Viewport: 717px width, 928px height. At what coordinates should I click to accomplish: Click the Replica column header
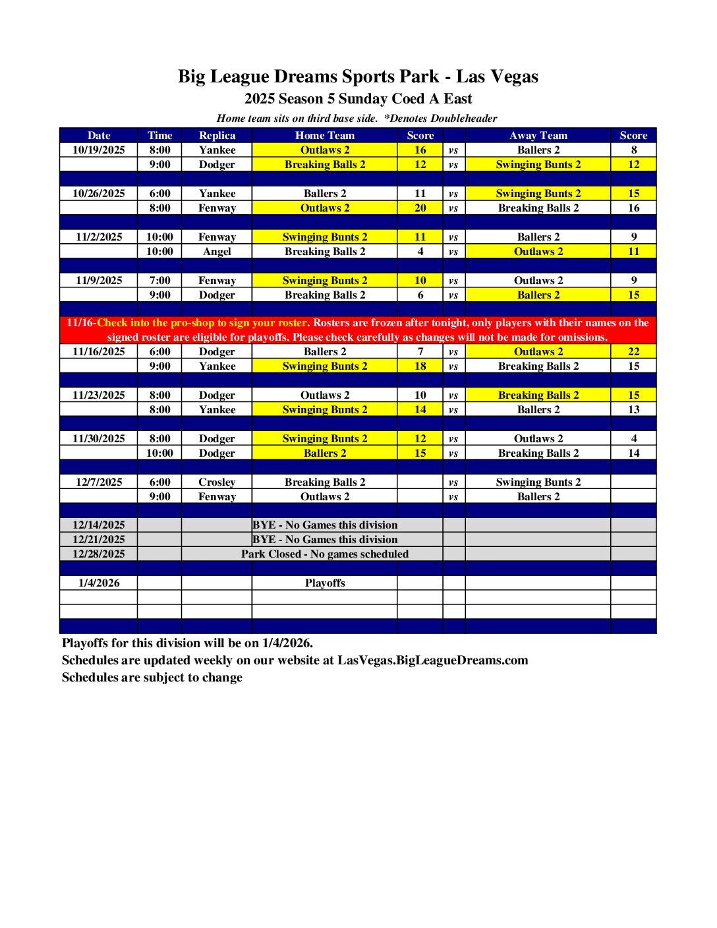tap(217, 135)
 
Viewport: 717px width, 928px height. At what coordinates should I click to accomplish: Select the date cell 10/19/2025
tap(99, 150)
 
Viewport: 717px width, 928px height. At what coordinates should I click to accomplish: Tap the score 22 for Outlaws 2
tap(633, 352)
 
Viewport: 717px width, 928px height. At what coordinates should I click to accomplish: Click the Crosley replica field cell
tap(217, 482)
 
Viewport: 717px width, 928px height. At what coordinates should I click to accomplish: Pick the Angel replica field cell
tap(217, 251)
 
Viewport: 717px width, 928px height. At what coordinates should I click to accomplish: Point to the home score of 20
tap(420, 208)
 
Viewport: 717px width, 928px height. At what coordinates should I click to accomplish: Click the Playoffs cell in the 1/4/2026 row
tap(325, 583)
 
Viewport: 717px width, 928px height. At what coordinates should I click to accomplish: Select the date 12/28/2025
tap(99, 554)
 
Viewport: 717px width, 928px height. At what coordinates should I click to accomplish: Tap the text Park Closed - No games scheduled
tap(325, 554)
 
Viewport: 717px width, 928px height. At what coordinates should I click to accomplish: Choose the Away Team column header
tap(538, 135)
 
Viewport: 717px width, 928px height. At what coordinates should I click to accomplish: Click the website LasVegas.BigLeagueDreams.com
tap(433, 660)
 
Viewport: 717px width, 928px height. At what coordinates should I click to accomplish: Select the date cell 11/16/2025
tap(99, 352)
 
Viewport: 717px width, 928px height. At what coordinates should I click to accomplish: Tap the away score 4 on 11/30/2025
tap(633, 438)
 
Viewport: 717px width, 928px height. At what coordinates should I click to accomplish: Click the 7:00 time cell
tap(159, 280)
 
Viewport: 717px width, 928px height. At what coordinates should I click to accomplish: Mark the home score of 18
tap(420, 366)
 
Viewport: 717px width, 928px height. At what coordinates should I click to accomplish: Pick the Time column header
tap(159, 135)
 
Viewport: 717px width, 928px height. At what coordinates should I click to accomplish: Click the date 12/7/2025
tap(99, 482)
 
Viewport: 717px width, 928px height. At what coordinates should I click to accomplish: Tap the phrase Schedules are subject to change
tap(152, 678)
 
